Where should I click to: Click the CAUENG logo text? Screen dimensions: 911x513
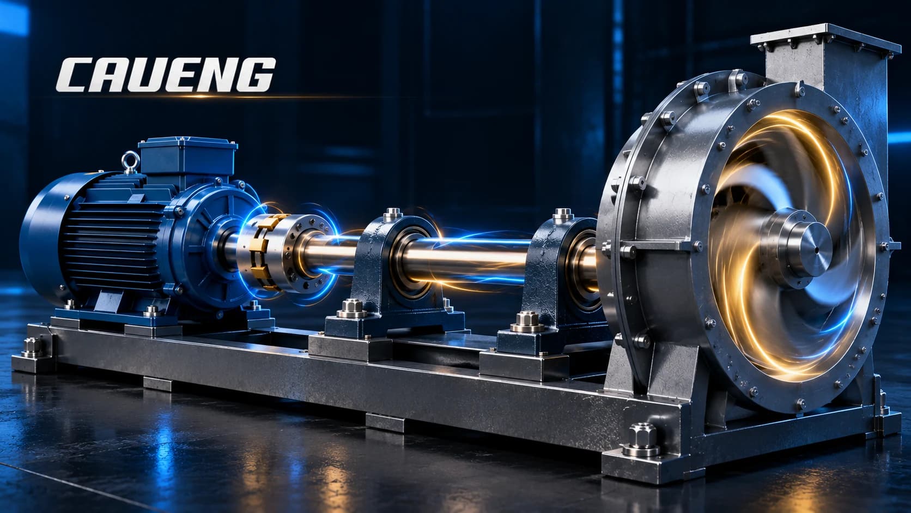[x=166, y=75]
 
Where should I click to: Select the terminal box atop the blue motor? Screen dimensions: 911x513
[x=187, y=159]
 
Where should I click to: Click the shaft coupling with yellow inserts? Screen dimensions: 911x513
[x=284, y=252]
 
